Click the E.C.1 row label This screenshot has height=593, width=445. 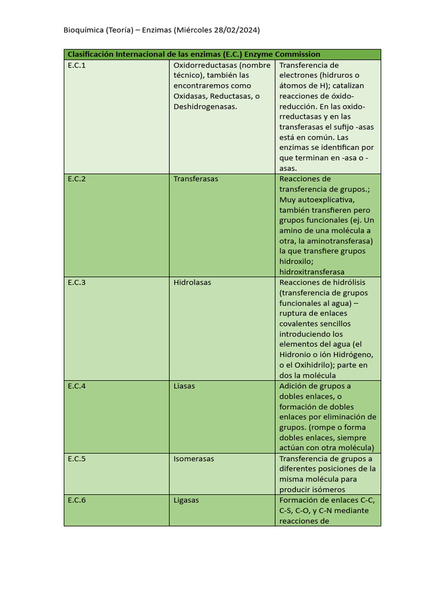[x=76, y=65]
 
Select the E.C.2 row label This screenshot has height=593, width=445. [x=76, y=179]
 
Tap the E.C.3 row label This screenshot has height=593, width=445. [x=76, y=283]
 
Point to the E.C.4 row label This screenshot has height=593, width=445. [x=76, y=386]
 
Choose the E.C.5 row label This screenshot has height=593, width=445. [x=76, y=459]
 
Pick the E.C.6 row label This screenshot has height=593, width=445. [x=76, y=500]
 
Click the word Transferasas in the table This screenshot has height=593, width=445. [x=196, y=179]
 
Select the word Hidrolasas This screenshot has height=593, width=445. [x=192, y=283]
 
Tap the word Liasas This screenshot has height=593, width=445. [x=184, y=386]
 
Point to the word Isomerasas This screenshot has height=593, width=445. [x=194, y=459]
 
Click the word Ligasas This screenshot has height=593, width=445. [x=186, y=500]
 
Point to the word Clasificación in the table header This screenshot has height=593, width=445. [x=90, y=54]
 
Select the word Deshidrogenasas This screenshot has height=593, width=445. [x=205, y=107]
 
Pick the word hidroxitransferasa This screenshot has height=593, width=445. [x=312, y=272]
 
